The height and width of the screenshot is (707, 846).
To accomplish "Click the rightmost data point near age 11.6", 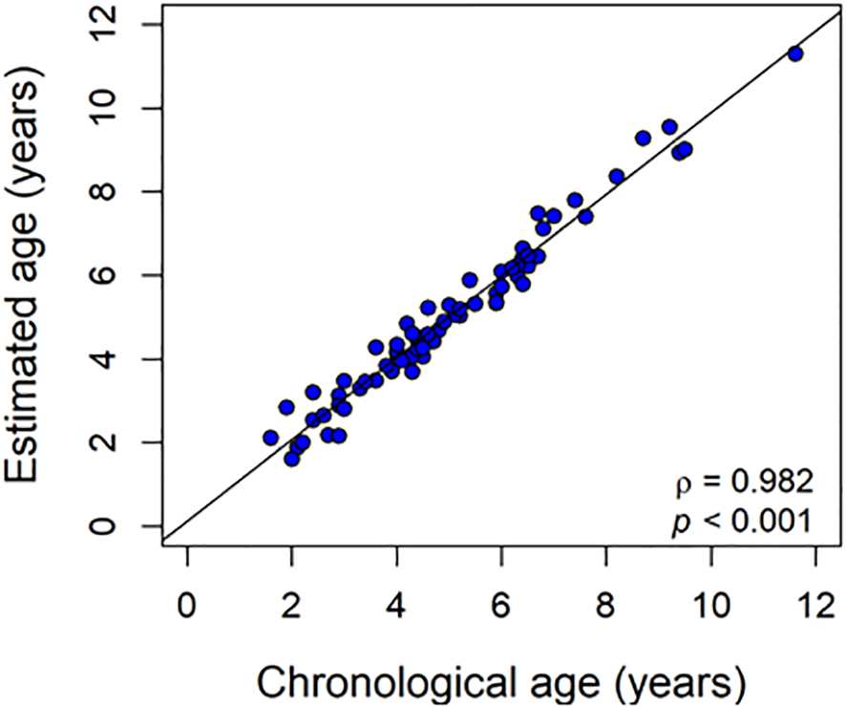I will click(794, 54).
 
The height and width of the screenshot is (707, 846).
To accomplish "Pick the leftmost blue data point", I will click(271, 438).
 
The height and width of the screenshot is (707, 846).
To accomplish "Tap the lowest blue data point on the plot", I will click(292, 459).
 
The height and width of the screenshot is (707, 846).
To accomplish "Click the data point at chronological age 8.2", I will click(617, 176).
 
